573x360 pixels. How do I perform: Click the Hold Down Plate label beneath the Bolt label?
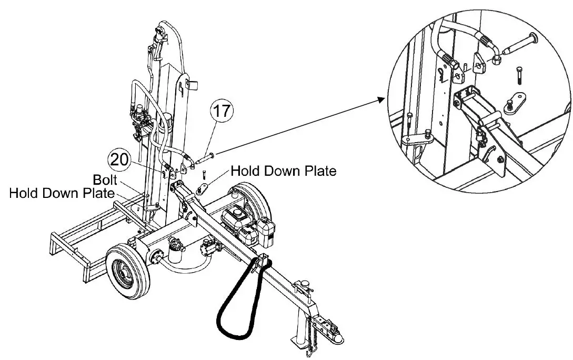[x=62, y=193]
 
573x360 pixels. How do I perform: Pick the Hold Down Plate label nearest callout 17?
[x=283, y=171]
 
